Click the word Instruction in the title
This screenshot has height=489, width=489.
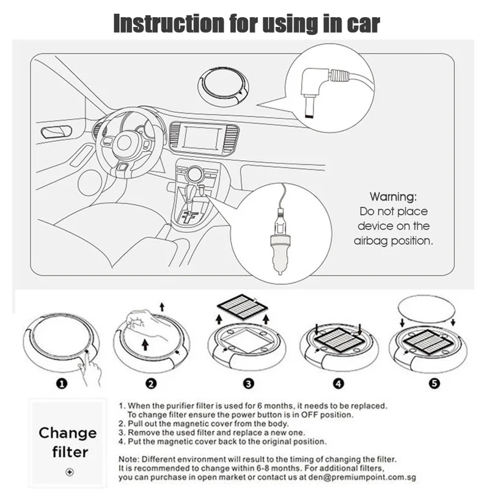click(x=169, y=23)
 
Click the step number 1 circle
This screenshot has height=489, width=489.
click(x=62, y=383)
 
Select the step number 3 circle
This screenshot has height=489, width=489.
click(x=249, y=383)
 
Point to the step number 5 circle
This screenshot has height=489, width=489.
click(x=435, y=383)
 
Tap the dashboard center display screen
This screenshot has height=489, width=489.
click(x=202, y=139)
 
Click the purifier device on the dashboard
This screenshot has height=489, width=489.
click(x=223, y=85)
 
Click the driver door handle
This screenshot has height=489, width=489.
click(x=56, y=132)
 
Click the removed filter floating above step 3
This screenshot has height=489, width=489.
click(x=242, y=307)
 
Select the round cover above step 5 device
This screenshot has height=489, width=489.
click(x=427, y=310)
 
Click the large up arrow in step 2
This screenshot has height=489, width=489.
click(x=145, y=344)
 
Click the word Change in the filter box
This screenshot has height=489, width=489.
click(x=68, y=433)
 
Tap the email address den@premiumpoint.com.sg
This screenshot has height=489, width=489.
click(x=362, y=477)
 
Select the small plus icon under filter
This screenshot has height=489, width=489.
click(x=70, y=472)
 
